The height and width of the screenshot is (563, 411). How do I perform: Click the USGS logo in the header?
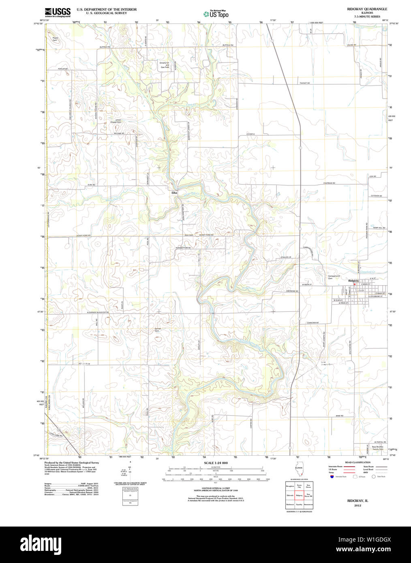[58, 12]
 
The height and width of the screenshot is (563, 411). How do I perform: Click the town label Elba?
[174, 193]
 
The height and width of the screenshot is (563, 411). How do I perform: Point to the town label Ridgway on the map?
[353, 281]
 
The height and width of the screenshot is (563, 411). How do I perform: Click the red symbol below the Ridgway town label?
[354, 284]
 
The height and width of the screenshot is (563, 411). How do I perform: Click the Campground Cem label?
[334, 277]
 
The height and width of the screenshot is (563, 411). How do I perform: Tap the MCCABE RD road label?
[118, 133]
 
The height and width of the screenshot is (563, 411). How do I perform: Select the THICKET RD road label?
[304, 83]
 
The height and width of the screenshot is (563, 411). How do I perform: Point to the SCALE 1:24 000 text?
[216, 463]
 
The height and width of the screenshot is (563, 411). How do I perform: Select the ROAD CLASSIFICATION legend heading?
[357, 462]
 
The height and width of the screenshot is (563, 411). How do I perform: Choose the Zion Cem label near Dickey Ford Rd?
[188, 235]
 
